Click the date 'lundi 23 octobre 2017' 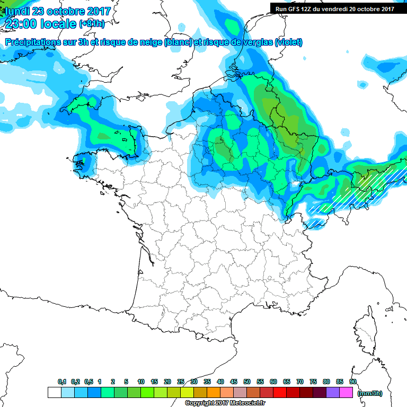pos(58,11)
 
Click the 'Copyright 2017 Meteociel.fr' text pos(225,403)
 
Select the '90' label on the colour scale pos(353,382)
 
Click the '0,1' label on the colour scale pos(61,382)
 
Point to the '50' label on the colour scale pos(247,382)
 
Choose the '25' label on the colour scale pos(181,382)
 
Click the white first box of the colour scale pos(54,393)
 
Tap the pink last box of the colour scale pos(346,393)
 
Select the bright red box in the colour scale pos(280,393)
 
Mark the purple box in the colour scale pos(333,393)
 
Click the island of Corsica pos(365,331)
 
